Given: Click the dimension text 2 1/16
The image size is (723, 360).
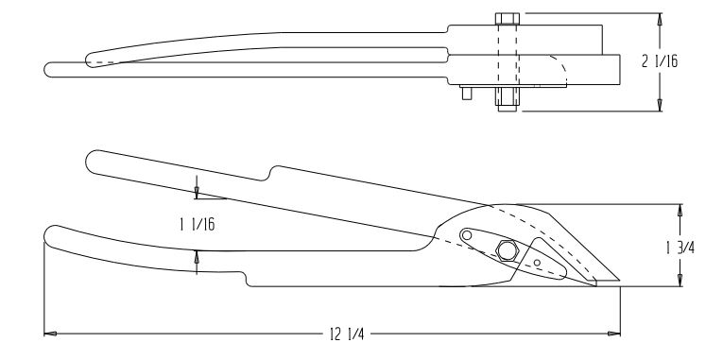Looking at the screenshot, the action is tap(660, 60).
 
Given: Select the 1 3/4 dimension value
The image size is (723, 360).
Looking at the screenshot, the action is tap(680, 248).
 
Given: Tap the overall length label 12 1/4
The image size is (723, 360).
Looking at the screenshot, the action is tap(346, 334).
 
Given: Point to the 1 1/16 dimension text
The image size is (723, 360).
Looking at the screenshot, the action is tap(198, 225).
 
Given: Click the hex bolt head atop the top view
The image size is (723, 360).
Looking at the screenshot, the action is tap(508, 19).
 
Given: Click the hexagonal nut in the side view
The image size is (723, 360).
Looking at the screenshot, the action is tap(507, 250).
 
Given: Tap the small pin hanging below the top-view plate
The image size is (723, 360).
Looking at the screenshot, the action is tap(467, 94).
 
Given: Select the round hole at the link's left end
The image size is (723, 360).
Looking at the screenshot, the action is tap(467, 235).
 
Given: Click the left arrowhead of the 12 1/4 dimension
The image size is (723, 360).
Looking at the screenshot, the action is tap(50, 334).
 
